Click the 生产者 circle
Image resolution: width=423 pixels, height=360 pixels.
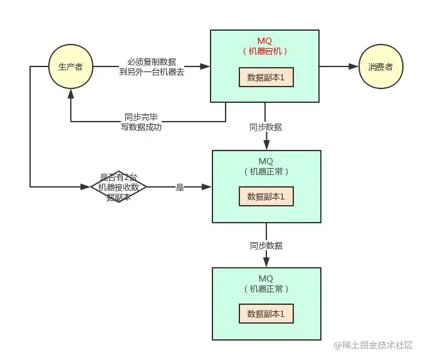tap(70, 67)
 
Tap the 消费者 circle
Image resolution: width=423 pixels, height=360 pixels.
tap(380, 67)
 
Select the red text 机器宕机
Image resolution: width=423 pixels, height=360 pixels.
tap(266, 51)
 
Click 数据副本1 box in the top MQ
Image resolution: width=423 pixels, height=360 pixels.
tap(266, 78)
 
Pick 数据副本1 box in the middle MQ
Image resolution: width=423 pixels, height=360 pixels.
tap(266, 196)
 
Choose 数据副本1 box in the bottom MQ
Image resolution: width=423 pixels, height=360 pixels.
tap(266, 314)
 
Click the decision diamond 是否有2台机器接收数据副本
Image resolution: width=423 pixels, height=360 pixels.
tap(118, 187)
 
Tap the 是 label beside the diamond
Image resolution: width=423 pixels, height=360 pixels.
tap(180, 187)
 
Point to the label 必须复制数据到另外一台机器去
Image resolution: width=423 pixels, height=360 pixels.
tap(153, 66)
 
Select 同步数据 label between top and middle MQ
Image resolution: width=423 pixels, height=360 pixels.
tap(266, 127)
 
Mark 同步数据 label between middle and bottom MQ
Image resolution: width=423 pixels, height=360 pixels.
tap(266, 245)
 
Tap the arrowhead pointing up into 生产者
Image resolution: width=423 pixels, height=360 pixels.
tap(70, 93)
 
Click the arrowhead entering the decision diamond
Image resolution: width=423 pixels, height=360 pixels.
tap(86, 187)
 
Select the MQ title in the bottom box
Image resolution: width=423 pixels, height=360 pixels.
tap(266, 278)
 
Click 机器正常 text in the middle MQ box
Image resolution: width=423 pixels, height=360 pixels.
tap(266, 171)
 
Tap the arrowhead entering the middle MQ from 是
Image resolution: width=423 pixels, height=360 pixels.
tap(207, 187)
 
